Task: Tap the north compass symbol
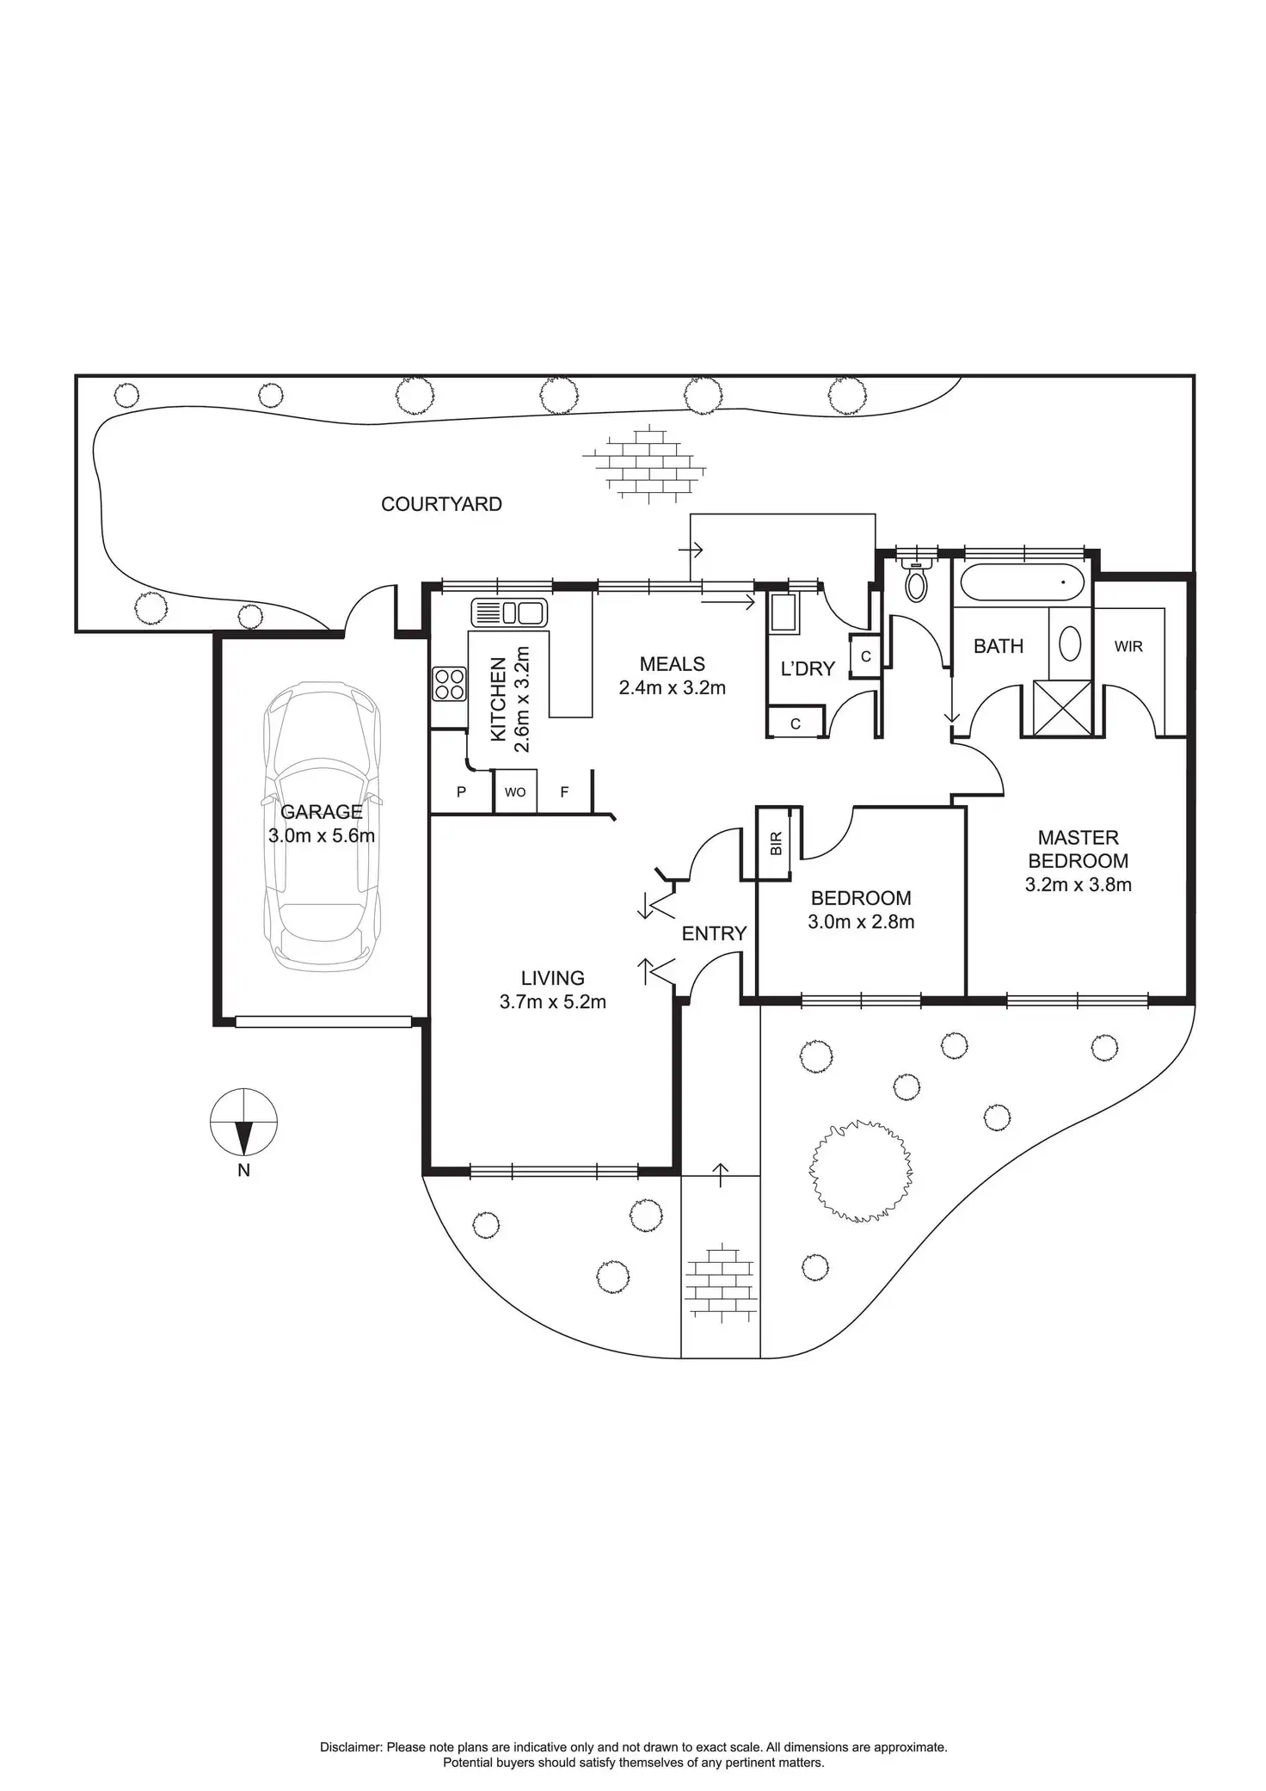tap(244, 1122)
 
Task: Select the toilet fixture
tap(917, 582)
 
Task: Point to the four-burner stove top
tap(450, 684)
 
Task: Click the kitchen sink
tap(508, 613)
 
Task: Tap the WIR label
tap(1128, 646)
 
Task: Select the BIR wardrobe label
tap(777, 844)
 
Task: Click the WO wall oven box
tap(515, 792)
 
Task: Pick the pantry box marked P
tap(461, 792)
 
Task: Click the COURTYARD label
tap(441, 504)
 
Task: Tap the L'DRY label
tap(808, 668)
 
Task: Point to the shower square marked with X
tap(1062, 708)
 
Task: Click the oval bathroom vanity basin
tap(1070, 643)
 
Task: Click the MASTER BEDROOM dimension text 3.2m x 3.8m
tap(1078, 884)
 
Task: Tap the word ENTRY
tap(714, 933)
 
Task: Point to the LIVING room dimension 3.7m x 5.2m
tap(552, 1001)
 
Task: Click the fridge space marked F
tap(564, 792)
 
